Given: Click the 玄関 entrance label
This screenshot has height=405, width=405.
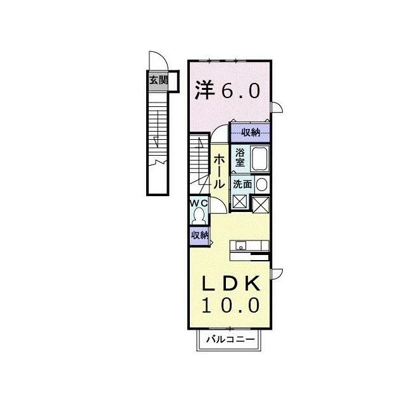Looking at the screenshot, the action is tap(159, 80).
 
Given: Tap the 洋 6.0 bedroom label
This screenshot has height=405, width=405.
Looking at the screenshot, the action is tap(227, 90).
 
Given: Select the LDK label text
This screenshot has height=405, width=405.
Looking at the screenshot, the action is tap(230, 283).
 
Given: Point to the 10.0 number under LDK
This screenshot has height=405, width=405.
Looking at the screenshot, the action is tap(230, 305).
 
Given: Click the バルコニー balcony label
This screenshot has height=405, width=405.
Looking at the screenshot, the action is tap(230, 339).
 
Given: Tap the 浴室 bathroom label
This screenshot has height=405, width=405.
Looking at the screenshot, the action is tap(240, 158).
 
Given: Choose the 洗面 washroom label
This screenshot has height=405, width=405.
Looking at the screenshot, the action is tap(242, 184).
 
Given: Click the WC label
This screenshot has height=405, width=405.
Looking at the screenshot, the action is tap(199, 203).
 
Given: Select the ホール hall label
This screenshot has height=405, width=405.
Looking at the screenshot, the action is tap(219, 171).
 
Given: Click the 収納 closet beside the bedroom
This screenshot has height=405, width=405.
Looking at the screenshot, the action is tap(251, 133).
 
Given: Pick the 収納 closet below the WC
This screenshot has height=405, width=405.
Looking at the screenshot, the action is tap(200, 235).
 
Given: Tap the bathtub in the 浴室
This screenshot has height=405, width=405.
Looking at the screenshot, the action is tap(260, 159).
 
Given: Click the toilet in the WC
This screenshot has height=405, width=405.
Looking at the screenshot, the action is tap(199, 216).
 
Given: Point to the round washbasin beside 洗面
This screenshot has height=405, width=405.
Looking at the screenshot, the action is tap(262, 184).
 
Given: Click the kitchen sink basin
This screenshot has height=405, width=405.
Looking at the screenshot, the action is tap(241, 246).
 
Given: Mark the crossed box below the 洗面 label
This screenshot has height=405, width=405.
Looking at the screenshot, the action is tap(240, 201).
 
